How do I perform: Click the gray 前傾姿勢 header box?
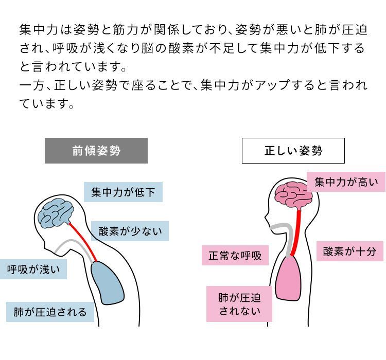[x=96, y=151]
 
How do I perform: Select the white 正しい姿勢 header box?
[x=293, y=151]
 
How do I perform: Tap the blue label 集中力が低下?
[x=123, y=192]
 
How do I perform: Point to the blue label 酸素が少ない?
[x=130, y=231]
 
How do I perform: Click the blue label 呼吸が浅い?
[x=33, y=269]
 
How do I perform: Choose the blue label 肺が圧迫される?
[x=50, y=312]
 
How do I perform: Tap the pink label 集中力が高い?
[x=346, y=182]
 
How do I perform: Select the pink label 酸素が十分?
[x=349, y=251]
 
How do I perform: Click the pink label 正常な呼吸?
[x=235, y=255]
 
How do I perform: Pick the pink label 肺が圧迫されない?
[x=239, y=304]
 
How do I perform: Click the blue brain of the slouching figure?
[x=56, y=213]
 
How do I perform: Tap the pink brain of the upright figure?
[x=293, y=195]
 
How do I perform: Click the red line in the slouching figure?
[x=83, y=242]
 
